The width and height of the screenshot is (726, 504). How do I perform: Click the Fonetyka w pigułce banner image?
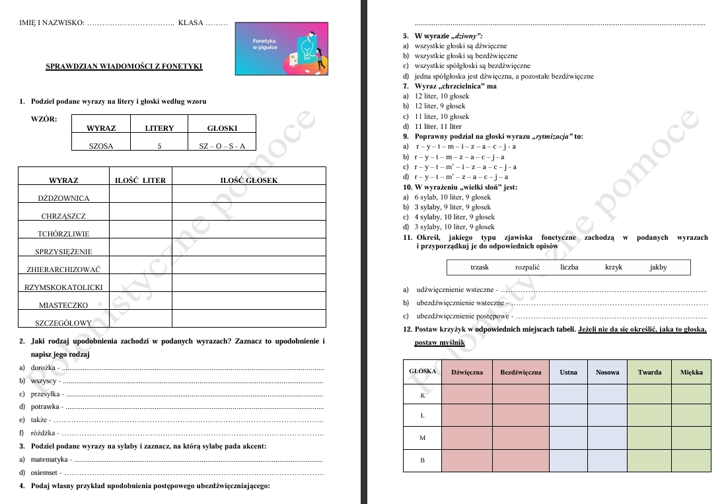(x=282, y=48)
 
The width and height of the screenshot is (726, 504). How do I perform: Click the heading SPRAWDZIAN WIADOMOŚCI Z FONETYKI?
(x=124, y=66)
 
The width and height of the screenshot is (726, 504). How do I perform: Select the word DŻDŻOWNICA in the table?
(x=63, y=198)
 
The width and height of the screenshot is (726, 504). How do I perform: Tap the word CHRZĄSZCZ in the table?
(x=63, y=216)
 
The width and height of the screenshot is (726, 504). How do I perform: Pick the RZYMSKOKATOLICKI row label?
(x=63, y=287)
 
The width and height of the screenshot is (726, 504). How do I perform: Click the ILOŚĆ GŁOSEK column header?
(x=249, y=180)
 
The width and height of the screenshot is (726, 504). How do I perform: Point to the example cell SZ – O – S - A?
(x=222, y=147)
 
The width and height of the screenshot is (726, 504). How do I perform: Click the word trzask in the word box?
(x=480, y=268)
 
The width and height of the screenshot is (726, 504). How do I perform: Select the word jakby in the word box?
(x=658, y=268)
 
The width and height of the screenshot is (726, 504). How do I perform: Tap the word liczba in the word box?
(x=569, y=268)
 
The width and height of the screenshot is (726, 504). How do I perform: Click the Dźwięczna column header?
(x=467, y=372)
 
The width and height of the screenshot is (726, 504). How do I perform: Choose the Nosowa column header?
(x=607, y=372)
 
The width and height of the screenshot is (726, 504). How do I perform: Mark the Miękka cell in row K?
(x=691, y=395)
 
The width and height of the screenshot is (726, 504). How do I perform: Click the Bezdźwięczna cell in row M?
(x=521, y=438)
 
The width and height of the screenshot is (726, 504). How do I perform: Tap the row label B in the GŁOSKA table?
(x=422, y=460)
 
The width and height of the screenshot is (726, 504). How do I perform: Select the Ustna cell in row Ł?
(x=568, y=416)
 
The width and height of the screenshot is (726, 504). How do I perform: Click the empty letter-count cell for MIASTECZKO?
(x=140, y=305)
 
